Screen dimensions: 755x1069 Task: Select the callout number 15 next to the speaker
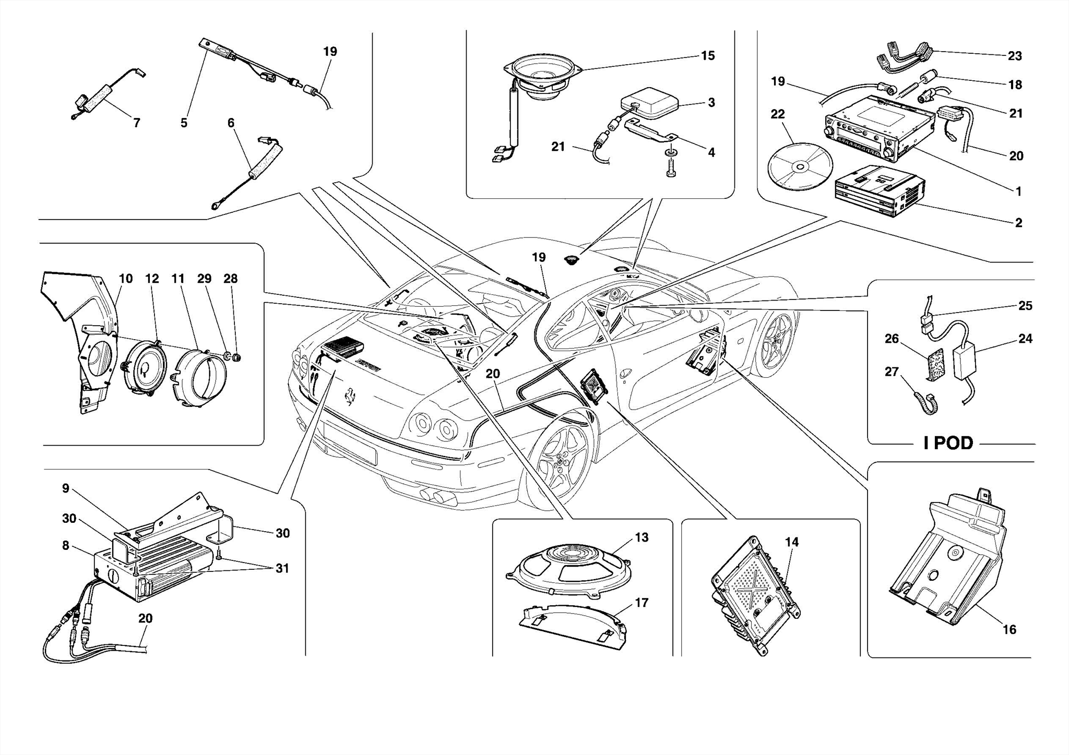(x=707, y=56)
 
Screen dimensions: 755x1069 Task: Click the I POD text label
(x=948, y=443)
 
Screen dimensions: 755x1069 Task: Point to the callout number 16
(x=1009, y=630)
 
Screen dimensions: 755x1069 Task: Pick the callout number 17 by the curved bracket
(x=641, y=603)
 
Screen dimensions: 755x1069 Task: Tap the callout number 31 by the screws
(x=282, y=568)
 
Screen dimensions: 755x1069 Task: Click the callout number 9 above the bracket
(x=66, y=488)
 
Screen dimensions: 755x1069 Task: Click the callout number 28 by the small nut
(x=230, y=279)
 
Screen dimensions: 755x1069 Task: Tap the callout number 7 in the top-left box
(x=136, y=123)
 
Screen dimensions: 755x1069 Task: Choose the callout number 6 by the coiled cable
(x=231, y=123)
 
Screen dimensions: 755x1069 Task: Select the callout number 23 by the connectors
(x=1014, y=56)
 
